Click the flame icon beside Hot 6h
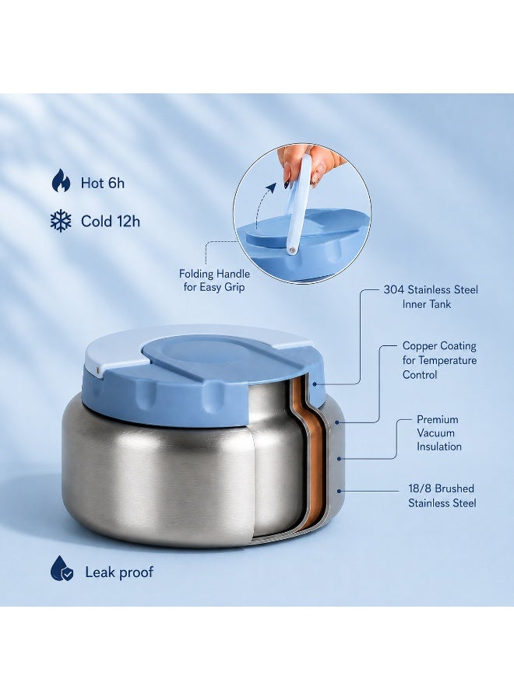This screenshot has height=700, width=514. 61,180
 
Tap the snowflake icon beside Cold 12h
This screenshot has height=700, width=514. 61,221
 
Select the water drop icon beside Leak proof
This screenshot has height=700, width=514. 62,569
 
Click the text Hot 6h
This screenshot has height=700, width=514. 102,183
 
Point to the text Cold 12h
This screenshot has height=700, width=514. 111,222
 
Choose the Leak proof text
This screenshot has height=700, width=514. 119,572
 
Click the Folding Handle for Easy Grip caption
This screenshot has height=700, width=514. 214,280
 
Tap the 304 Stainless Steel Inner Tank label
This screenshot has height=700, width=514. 431,297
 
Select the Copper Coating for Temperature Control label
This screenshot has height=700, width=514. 439,360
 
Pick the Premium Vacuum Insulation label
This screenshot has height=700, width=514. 438,433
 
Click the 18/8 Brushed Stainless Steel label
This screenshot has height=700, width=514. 442,496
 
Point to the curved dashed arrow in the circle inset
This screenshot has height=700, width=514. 262,203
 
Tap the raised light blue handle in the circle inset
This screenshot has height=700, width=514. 297,205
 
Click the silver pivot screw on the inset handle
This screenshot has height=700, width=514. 292,250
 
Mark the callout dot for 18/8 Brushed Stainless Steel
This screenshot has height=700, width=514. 340,491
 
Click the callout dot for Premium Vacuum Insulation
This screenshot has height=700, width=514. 340,458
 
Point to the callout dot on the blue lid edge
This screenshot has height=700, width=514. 315,383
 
